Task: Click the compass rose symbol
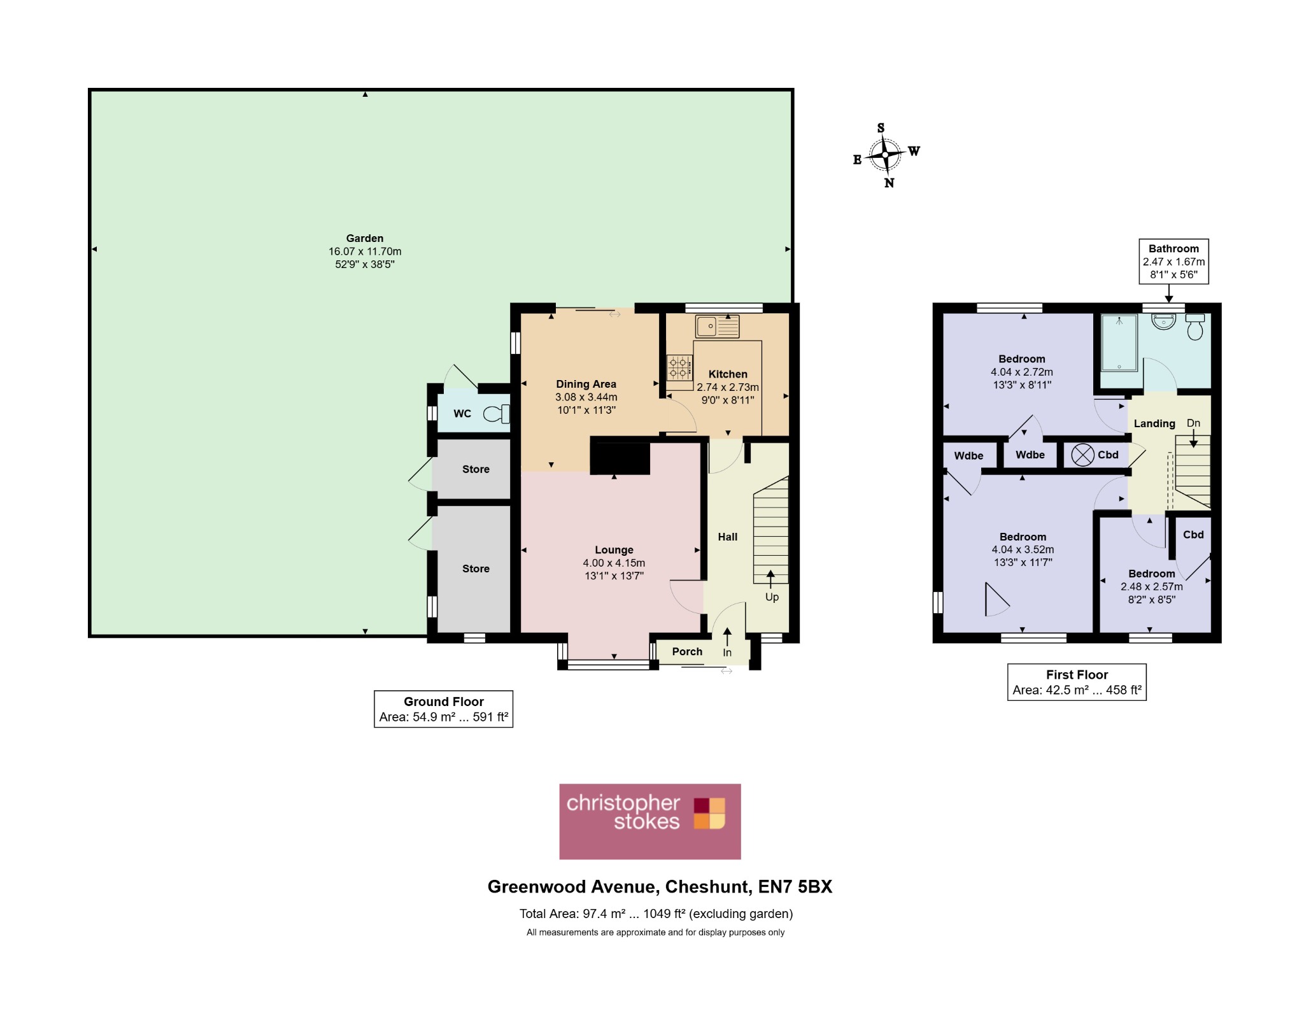tap(886, 155)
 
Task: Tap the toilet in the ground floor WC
tap(497, 414)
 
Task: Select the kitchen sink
tap(717, 326)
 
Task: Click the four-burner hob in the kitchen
tap(679, 367)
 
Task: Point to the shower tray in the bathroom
tap(1119, 343)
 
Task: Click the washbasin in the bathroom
tap(1163, 321)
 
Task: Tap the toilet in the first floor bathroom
tap(1195, 327)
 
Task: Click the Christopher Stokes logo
tap(650, 821)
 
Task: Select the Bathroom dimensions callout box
tap(1173, 262)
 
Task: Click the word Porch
tap(687, 651)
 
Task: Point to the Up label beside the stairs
tap(772, 597)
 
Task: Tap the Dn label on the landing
tap(1193, 423)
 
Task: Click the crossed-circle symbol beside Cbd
tap(1082, 455)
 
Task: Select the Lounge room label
tap(614, 550)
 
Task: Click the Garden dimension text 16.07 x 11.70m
tap(365, 251)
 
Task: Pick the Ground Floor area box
tap(444, 709)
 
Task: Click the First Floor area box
tap(1077, 682)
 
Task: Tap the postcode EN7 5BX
tap(795, 887)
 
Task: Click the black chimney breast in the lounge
tap(620, 456)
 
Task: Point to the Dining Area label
tap(586, 384)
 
